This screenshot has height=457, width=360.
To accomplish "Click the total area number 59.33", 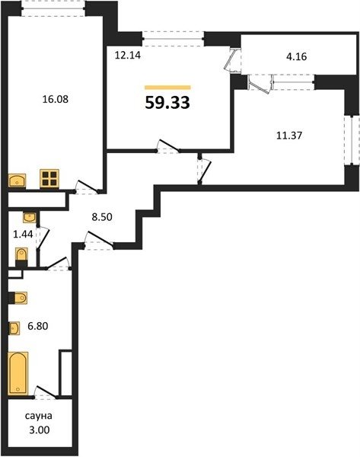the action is pos(167,102).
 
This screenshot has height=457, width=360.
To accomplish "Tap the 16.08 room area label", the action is pos(56,99).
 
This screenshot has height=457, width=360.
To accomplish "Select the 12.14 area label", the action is pos(128,55).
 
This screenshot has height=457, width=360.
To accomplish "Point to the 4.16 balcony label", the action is pos(297,56).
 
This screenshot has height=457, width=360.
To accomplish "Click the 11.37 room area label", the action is pos(289,136).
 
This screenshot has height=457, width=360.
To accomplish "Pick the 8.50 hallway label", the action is pos(102,217).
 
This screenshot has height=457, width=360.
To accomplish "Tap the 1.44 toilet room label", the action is pos(23,234).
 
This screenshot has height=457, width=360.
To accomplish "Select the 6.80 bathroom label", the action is pos(38,326).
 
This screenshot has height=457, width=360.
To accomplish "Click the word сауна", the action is pos(39,416).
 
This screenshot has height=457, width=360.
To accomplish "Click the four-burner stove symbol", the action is pos(49,178).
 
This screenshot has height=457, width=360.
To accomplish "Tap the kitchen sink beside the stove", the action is pos(18,181).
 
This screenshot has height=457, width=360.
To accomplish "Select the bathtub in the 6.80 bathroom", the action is pos(18,373).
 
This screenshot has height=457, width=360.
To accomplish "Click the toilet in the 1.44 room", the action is pos(21,257).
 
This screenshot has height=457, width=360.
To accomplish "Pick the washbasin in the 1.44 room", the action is pos(30,217).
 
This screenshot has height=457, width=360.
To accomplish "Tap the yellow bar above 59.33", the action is pos(167,87).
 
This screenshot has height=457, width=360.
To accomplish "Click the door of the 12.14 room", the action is pos(168,146).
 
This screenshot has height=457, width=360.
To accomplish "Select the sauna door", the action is pos(46,391).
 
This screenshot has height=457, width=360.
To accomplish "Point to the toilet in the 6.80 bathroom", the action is pos(18,298).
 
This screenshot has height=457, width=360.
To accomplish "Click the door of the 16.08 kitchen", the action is pos(87,187).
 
